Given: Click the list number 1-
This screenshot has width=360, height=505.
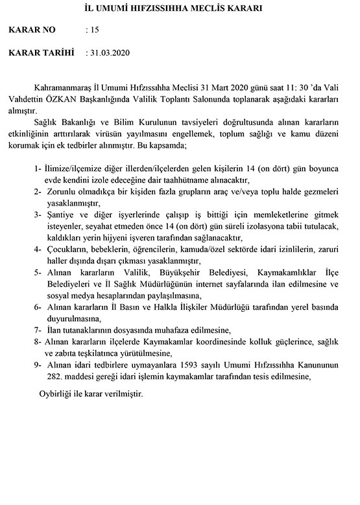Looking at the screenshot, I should click(38, 168).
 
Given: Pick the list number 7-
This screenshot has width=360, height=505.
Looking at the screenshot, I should click(38, 330).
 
